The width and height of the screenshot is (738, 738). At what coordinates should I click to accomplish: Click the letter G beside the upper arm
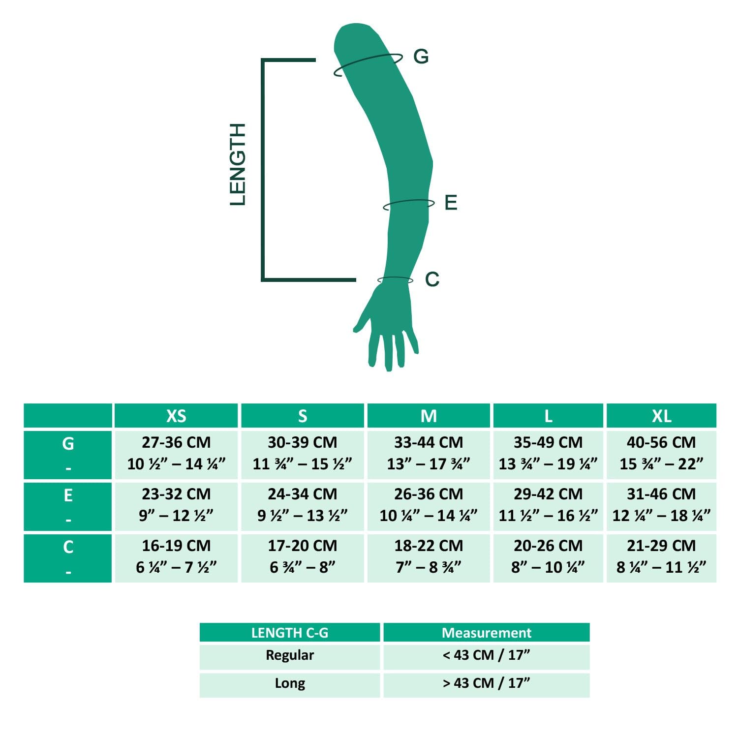coord(421,57)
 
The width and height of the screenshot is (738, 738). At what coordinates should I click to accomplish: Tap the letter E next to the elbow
coord(451,203)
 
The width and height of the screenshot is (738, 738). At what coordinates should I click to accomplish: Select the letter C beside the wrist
coord(432,279)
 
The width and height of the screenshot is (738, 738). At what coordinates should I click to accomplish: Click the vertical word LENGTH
coord(238,164)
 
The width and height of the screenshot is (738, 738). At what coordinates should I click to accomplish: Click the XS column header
coord(176,416)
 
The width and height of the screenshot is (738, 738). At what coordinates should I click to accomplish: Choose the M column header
coord(429,416)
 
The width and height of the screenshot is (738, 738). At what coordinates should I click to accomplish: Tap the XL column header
coord(661,416)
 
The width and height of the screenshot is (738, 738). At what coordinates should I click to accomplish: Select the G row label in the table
coord(68,444)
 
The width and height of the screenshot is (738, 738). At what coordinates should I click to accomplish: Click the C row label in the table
coord(68,547)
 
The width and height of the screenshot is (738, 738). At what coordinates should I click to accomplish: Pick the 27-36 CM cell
coord(176,453)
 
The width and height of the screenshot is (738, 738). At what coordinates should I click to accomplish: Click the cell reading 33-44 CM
coord(429,453)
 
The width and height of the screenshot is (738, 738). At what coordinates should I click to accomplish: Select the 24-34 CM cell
coord(303,505)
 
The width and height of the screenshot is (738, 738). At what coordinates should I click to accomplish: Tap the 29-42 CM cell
coord(548,505)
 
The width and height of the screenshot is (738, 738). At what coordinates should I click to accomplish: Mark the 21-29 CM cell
coord(661,556)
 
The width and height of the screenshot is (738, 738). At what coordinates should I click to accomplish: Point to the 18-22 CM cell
coord(429,556)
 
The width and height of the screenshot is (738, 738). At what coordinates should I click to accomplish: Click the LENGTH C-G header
coord(290,633)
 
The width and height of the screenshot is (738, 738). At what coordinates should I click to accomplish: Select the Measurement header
coord(487,633)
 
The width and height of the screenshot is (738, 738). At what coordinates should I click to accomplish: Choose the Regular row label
coord(290,655)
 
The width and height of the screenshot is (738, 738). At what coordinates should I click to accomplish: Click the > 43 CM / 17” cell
coord(487,683)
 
